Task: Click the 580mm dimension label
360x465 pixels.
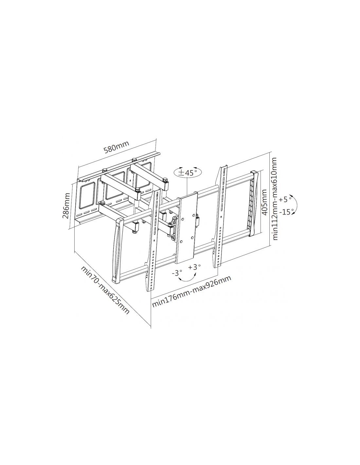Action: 117,147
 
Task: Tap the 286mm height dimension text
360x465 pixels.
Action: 66,206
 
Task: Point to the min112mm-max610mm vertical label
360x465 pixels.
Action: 275,198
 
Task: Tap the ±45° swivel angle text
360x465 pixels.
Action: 188,172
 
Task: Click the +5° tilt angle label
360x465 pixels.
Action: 285,200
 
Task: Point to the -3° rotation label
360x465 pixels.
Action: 177,273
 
